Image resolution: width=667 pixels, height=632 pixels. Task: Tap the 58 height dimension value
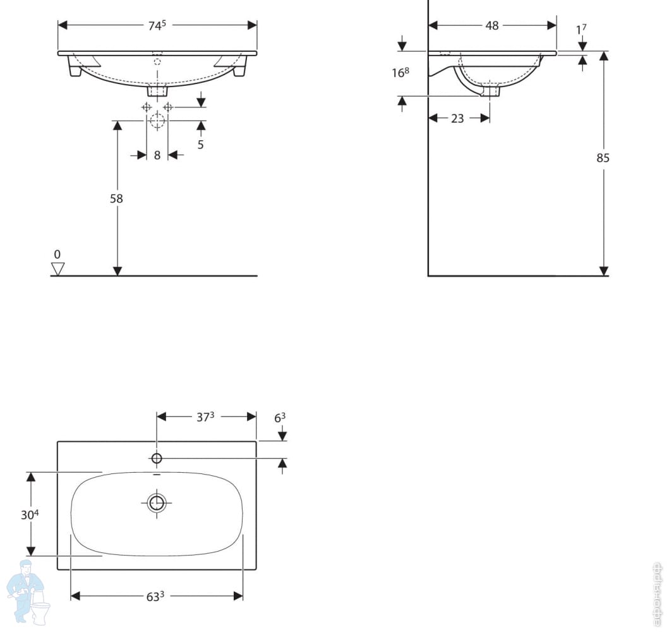tap(116, 198)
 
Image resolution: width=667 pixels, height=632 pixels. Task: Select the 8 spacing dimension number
tap(157, 155)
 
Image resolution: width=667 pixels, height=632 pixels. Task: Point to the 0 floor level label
tap(57, 254)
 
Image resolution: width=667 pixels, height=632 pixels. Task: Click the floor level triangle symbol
tap(57, 269)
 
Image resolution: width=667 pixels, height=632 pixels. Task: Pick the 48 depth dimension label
tap(492, 26)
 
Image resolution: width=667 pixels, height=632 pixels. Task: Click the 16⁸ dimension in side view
tap(400, 73)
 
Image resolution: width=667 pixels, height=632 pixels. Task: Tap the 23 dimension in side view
tap(458, 118)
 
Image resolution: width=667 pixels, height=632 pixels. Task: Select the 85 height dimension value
tap(603, 158)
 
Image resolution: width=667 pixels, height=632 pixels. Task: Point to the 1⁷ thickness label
tap(582, 30)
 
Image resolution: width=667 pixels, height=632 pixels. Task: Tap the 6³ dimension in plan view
tap(279, 417)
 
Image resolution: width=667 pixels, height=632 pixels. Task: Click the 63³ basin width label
tap(156, 596)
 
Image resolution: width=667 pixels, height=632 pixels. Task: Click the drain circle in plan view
tap(156, 503)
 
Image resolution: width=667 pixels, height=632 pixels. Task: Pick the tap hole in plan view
tap(156, 458)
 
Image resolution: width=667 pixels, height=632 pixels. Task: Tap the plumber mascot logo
tap(28, 591)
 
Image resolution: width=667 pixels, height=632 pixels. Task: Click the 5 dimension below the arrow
tap(201, 144)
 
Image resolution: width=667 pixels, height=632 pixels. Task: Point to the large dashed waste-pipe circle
tap(157, 121)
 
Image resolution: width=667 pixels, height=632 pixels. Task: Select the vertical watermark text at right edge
tap(658, 593)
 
